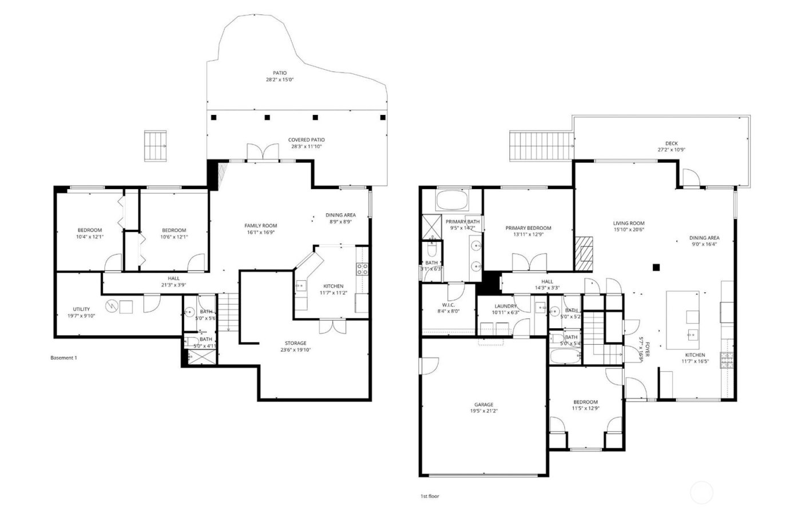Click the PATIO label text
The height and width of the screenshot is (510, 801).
(x=279, y=73)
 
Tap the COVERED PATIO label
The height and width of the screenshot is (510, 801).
(x=306, y=140)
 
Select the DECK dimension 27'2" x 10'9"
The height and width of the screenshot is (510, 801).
(x=671, y=150)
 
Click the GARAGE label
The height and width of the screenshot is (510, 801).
(x=483, y=404)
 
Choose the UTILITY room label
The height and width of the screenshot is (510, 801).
(x=81, y=309)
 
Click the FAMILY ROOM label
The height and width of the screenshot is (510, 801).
(x=260, y=226)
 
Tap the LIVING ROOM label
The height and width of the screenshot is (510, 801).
(x=629, y=224)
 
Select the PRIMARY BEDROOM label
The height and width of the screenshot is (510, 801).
(x=528, y=228)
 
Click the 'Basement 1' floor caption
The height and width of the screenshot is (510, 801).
(x=64, y=358)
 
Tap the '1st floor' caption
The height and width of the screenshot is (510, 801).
(x=430, y=496)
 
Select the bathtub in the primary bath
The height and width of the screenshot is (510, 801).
(x=452, y=201)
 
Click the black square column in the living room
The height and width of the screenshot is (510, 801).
(x=657, y=266)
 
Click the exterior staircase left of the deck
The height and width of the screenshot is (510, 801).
(x=541, y=146)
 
